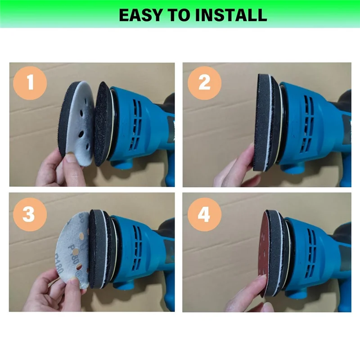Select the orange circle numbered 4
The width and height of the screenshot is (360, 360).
tap(204, 214)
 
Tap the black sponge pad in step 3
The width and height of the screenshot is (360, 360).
tap(97, 250)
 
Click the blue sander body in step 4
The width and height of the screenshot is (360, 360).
tap(310, 252)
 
